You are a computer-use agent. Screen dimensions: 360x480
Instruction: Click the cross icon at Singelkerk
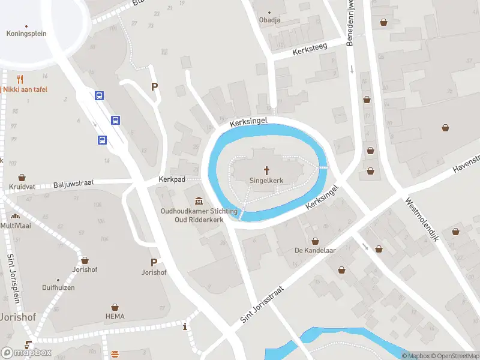click(266, 170)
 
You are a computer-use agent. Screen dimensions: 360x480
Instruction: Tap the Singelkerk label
click(266, 180)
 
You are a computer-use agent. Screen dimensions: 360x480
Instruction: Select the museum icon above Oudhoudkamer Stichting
click(199, 201)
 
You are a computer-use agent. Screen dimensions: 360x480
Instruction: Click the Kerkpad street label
click(172, 179)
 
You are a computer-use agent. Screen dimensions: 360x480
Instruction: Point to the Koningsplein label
click(26, 34)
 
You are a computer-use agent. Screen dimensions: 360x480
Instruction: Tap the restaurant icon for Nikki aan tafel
click(20, 79)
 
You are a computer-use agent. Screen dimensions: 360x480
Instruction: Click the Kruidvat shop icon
click(22, 178)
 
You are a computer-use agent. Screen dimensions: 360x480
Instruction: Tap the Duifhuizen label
click(58, 288)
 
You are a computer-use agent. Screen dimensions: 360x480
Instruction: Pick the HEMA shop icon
click(115, 305)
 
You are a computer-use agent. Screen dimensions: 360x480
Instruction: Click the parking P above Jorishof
click(154, 262)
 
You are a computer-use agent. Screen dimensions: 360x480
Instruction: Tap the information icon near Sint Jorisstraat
click(185, 326)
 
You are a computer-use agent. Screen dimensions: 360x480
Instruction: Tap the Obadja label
click(269, 20)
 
